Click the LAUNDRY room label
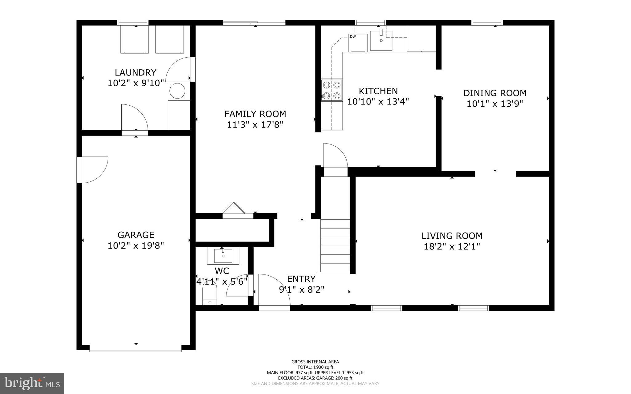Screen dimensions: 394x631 [135, 73]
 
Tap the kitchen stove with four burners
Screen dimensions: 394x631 [332, 90]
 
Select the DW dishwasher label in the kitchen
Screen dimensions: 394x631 [353, 37]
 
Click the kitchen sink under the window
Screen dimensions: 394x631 [381, 40]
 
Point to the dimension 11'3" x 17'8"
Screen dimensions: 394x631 [255, 125]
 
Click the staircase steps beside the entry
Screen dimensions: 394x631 [335, 246]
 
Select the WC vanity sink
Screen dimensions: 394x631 [223, 255]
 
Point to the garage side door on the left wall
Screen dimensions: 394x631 [92, 170]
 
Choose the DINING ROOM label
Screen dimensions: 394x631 [495, 93]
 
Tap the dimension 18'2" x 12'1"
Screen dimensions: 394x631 [452, 247]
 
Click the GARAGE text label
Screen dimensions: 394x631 [136, 235]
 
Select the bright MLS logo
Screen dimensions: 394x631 [32, 383]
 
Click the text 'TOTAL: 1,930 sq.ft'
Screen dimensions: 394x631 [315, 367]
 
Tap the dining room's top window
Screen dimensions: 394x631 [487, 22]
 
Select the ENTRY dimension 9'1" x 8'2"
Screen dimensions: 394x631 [302, 290]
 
